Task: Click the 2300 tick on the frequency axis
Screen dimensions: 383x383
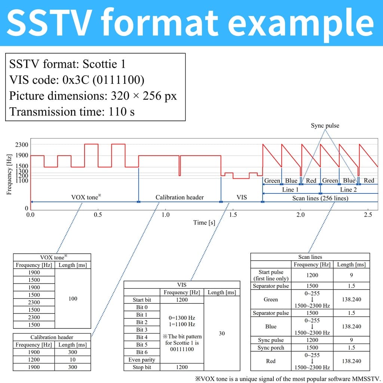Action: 22,145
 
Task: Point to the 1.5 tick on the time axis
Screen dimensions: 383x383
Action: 233,215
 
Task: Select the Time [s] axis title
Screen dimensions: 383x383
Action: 204,223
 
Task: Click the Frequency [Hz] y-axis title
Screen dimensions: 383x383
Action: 9,174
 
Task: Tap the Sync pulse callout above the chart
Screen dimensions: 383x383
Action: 325,126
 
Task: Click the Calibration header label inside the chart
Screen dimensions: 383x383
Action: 180,197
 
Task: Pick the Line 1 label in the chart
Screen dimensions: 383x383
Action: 290,190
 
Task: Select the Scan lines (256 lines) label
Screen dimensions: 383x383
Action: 320,198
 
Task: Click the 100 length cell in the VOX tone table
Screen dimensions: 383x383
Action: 73,298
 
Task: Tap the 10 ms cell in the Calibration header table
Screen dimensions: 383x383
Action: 73,359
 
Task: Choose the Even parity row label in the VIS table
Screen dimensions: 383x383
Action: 142,360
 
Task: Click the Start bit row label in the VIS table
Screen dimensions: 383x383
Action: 142,300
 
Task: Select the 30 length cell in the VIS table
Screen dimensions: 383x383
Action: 222,333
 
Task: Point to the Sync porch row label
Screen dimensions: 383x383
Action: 271,347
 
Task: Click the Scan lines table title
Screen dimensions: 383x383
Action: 310,257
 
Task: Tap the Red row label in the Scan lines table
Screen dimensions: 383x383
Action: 271,361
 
